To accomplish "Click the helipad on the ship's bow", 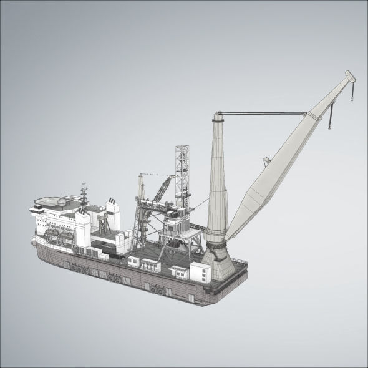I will pos(46,201).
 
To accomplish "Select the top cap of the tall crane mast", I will pos(219,114).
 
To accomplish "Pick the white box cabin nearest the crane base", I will pos(201,272).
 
